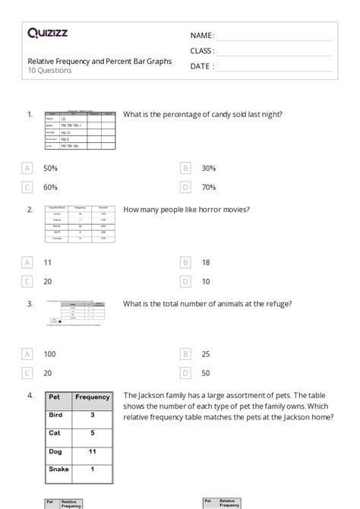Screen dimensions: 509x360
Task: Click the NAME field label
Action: tap(202, 36)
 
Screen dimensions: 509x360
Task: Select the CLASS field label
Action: tap(202, 51)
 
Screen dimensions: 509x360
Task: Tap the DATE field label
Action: tap(201, 66)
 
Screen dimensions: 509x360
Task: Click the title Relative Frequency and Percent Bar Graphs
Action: tap(99, 61)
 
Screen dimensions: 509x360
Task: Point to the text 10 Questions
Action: tap(50, 71)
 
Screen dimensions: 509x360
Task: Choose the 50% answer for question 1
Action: tap(50, 168)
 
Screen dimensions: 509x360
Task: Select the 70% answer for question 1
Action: tap(209, 187)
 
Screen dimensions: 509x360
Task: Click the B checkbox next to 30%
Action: tap(185, 168)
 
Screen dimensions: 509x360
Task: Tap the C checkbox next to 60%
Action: tap(27, 187)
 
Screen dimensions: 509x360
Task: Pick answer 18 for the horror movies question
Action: tap(206, 262)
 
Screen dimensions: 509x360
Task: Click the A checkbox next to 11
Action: tap(27, 262)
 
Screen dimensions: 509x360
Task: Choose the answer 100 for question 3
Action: tap(50, 354)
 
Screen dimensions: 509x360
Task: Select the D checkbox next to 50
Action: tap(185, 373)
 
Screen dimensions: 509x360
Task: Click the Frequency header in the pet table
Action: tap(93, 397)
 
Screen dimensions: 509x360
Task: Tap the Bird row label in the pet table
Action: tap(56, 415)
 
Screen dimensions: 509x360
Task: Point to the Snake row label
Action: tap(59, 469)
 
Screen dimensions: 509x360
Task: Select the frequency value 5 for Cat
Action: tap(93, 433)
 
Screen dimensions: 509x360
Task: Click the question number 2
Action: tap(30, 209)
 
